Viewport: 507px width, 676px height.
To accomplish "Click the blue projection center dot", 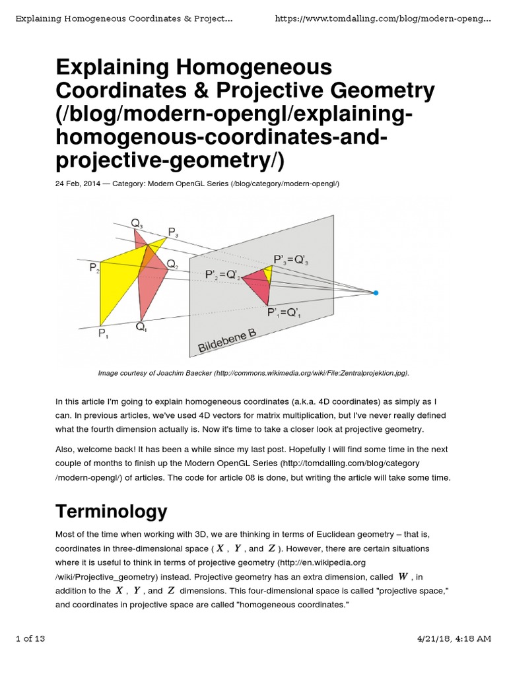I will [x=375, y=292].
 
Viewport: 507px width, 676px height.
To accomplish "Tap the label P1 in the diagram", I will [x=104, y=334].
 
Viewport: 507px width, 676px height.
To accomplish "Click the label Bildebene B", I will [x=226, y=341].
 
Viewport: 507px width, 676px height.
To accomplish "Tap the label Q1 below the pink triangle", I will [x=142, y=325].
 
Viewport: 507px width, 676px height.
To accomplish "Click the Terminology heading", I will [x=112, y=511].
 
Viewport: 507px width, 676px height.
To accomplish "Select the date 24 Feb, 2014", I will [x=78, y=184].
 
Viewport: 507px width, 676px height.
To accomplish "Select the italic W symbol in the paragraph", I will [x=405, y=576].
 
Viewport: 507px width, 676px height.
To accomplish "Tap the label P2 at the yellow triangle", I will [x=94, y=267].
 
